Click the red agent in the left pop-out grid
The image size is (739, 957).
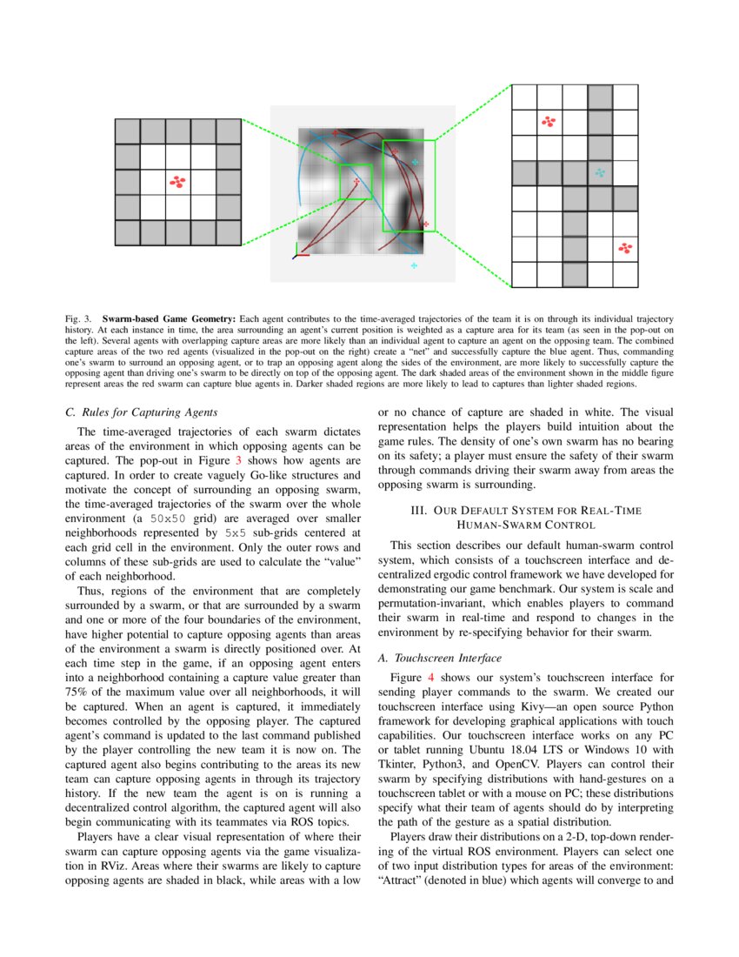(x=178, y=182)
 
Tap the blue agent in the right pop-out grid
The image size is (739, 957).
(x=600, y=172)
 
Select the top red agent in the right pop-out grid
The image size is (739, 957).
(x=549, y=122)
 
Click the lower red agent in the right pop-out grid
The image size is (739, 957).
(x=624, y=249)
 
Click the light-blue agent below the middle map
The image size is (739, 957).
(x=415, y=264)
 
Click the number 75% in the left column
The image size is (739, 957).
(x=77, y=681)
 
